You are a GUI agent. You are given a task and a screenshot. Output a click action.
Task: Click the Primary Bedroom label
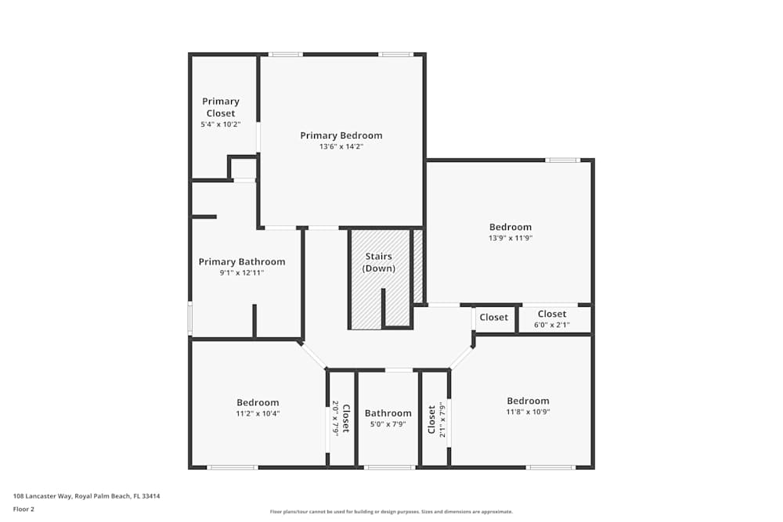point(341,135)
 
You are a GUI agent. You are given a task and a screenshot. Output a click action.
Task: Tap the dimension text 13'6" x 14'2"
point(341,146)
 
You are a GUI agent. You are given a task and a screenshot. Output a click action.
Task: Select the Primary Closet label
point(221,107)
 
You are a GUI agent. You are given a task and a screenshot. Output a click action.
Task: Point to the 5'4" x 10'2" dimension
point(221,124)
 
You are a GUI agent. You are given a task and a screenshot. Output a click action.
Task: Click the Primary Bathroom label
point(242,261)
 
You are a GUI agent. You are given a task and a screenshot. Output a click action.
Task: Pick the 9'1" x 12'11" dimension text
point(242,273)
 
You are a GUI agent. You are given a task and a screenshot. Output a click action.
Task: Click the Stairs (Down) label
point(379,262)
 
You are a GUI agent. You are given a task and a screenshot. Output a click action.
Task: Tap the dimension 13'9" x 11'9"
point(511,238)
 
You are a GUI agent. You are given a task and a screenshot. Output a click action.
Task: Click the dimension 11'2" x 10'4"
point(258,413)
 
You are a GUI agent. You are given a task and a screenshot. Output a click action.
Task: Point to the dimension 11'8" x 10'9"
point(528,412)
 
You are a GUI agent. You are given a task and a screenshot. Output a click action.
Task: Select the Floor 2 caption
point(23,509)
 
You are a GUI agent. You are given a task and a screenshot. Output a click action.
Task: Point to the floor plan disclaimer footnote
point(391,512)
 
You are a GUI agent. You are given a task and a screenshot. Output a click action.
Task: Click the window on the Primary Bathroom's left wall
point(189,319)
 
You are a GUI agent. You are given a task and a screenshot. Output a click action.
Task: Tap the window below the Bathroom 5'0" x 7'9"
point(390,467)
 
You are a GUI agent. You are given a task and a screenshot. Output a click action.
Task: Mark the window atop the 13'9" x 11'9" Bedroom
point(563,160)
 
